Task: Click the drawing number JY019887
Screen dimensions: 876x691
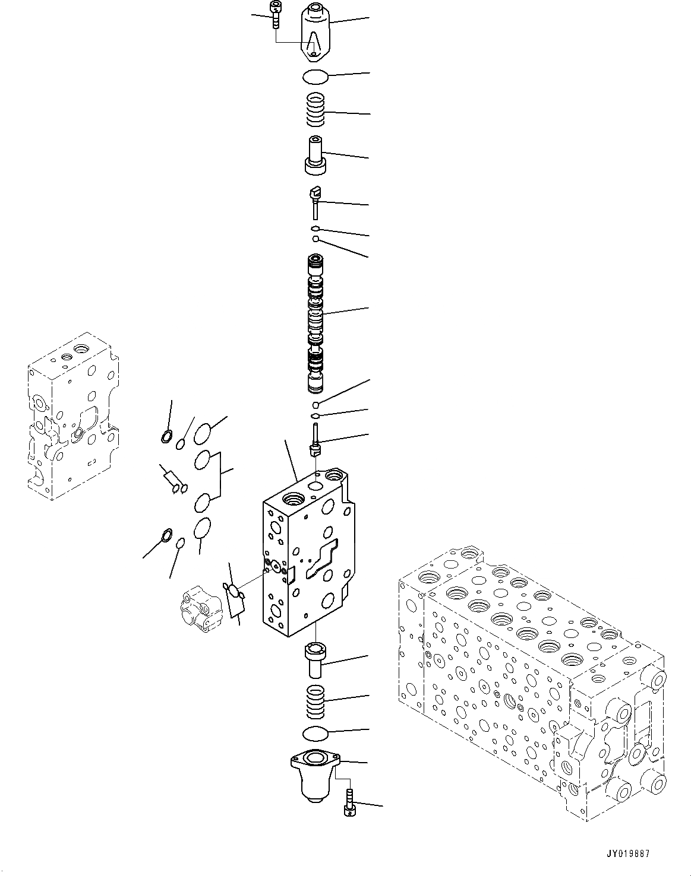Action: (629, 854)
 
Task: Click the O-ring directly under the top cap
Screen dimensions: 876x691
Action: (315, 76)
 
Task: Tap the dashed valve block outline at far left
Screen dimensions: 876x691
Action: (71, 415)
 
